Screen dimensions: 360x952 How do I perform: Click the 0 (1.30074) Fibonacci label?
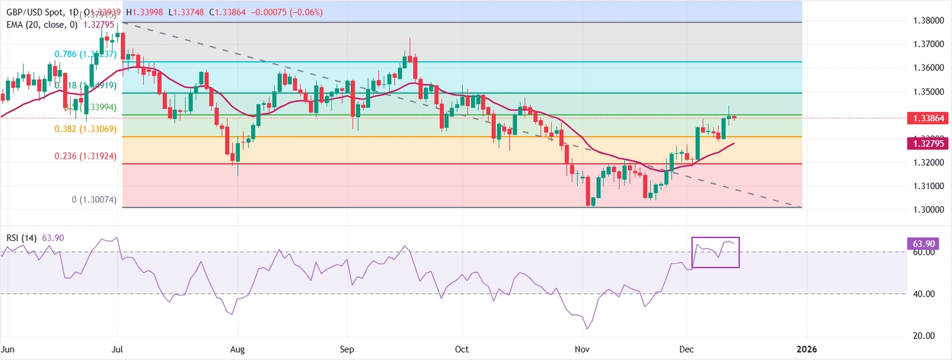(x=94, y=200)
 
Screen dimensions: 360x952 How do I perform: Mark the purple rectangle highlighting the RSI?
(x=715, y=252)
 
